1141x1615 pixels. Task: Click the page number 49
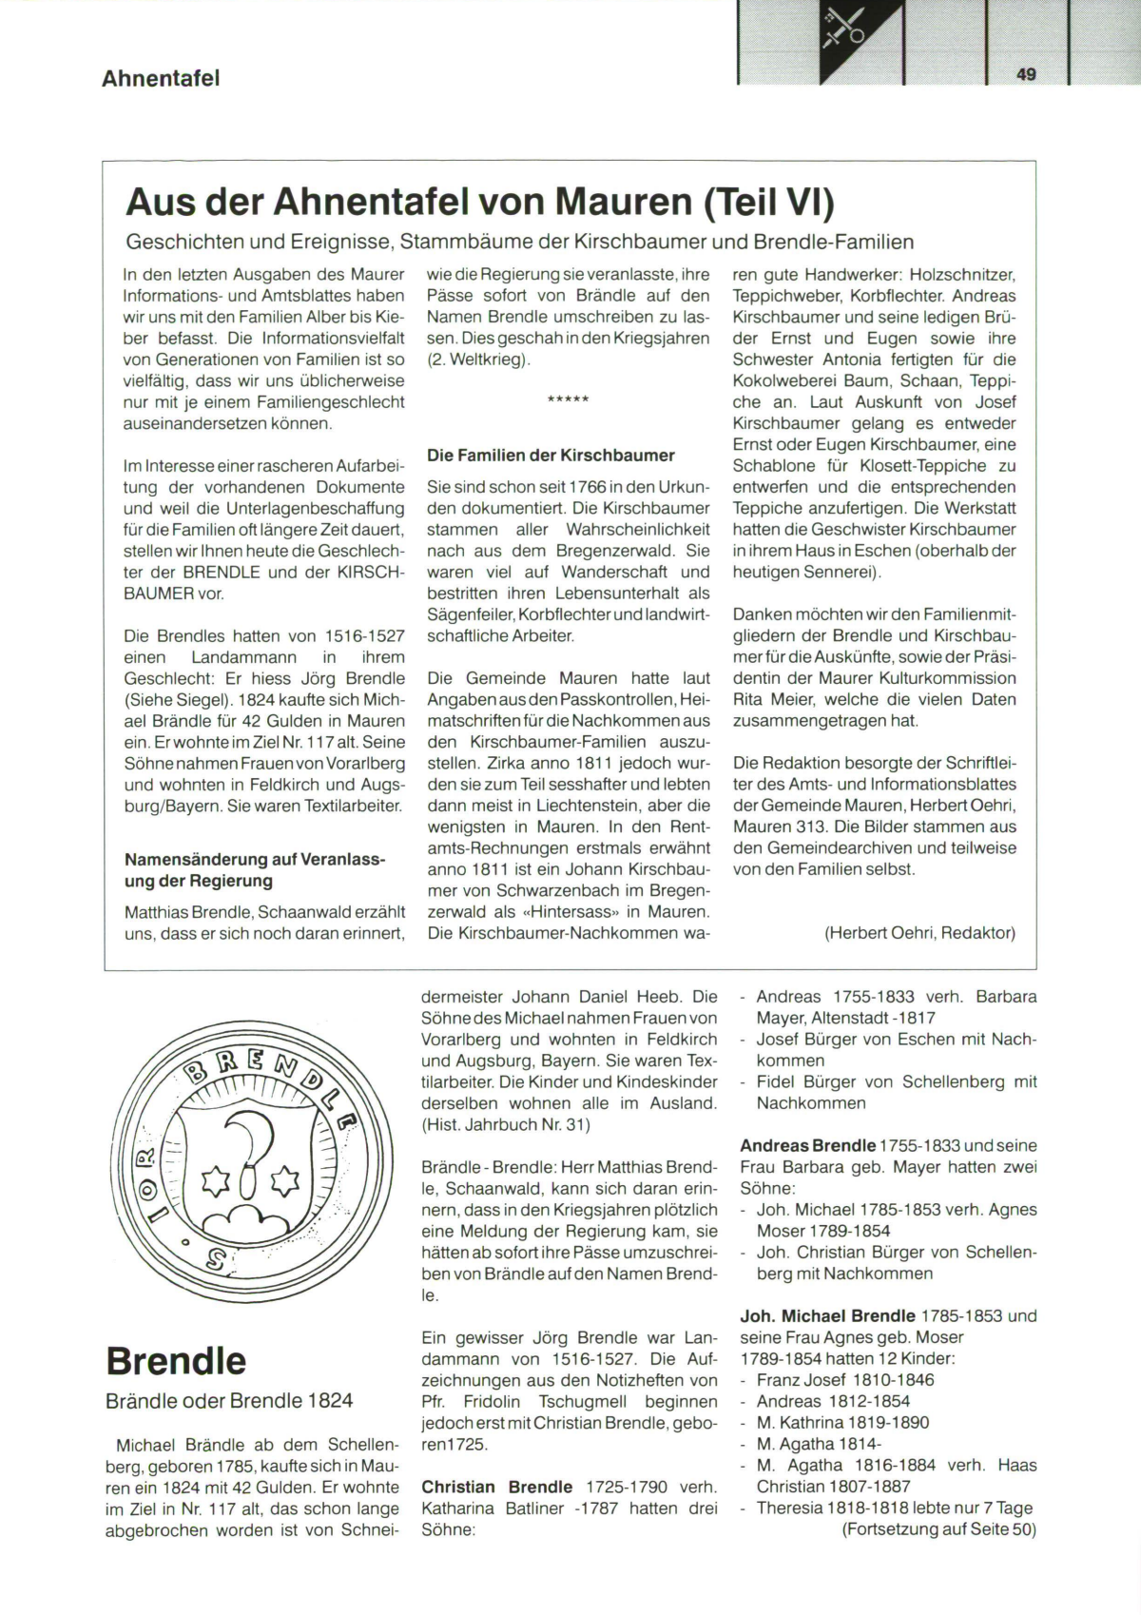click(1026, 74)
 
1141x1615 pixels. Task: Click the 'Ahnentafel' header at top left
click(161, 78)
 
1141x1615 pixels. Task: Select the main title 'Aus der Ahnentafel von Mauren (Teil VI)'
click(479, 202)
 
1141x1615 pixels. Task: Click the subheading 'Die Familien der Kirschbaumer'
click(551, 455)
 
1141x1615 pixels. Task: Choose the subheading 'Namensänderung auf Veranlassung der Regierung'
click(255, 870)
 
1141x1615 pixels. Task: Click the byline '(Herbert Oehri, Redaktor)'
click(919, 933)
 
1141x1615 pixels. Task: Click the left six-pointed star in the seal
click(216, 1182)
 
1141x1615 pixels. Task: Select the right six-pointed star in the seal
click(283, 1182)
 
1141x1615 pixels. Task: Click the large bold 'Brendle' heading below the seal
click(176, 1361)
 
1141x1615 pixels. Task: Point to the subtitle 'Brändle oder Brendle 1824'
click(229, 1400)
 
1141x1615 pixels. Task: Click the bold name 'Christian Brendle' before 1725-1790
click(496, 1487)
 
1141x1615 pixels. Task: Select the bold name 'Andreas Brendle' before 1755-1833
click(807, 1145)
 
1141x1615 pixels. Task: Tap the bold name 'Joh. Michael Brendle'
click(827, 1316)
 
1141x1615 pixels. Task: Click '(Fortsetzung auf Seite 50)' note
click(938, 1529)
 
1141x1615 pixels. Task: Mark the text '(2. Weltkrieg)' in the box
click(478, 360)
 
